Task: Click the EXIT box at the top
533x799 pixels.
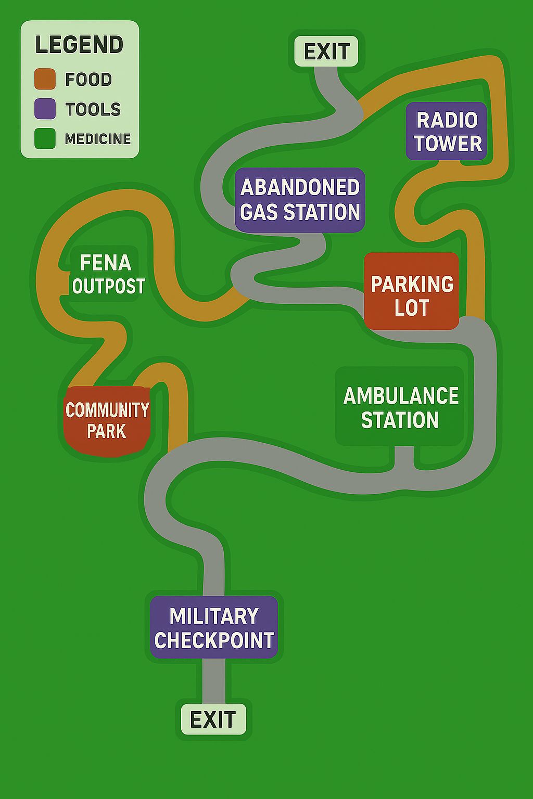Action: click(x=326, y=51)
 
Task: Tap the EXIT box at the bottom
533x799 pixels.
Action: click(x=213, y=719)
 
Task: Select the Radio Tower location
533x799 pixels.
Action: click(x=447, y=131)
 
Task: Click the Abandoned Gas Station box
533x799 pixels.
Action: click(x=300, y=200)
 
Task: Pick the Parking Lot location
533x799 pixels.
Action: click(x=412, y=291)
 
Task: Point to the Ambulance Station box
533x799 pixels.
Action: click(x=400, y=407)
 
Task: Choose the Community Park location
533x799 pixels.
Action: click(x=107, y=421)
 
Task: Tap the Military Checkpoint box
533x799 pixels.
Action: click(x=214, y=627)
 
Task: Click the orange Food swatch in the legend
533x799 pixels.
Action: click(x=45, y=79)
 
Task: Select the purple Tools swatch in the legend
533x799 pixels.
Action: click(x=45, y=108)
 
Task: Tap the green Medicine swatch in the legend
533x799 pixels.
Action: click(x=45, y=138)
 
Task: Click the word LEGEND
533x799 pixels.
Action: click(x=79, y=45)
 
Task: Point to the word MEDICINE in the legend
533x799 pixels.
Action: click(x=98, y=139)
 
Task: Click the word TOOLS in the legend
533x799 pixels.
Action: click(x=93, y=109)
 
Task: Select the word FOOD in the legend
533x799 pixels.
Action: click(x=88, y=79)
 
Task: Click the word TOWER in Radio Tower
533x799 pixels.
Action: click(x=448, y=144)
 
